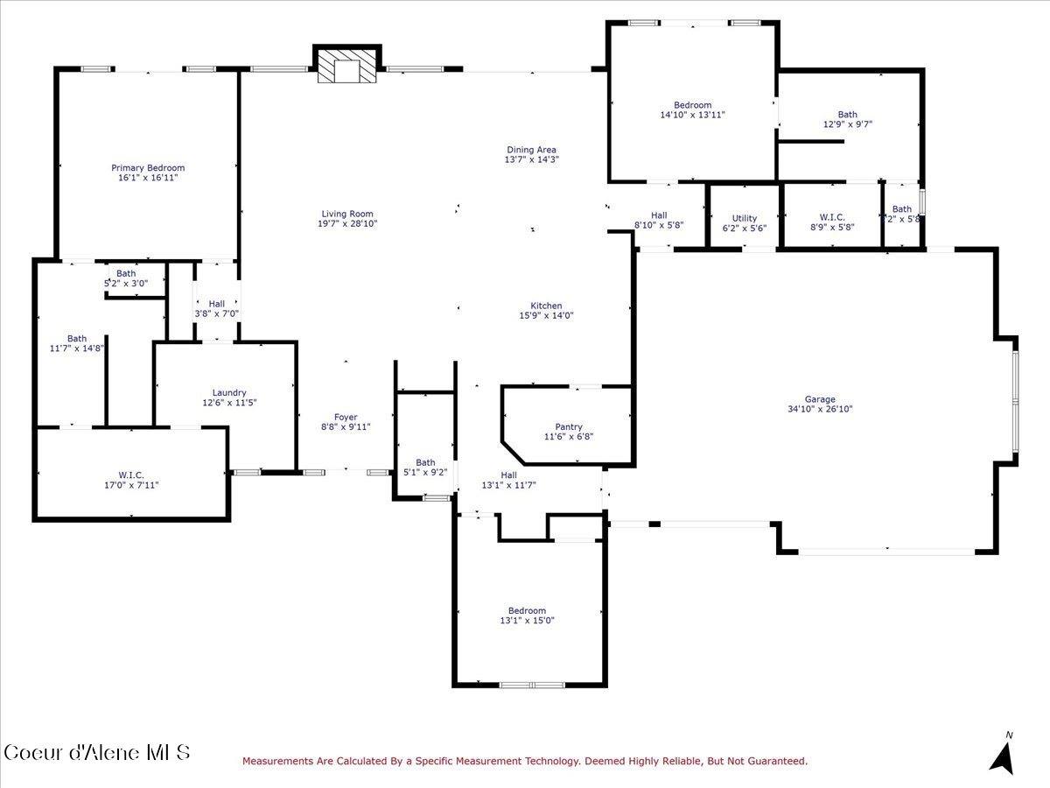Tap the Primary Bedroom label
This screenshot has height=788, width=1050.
(x=148, y=167)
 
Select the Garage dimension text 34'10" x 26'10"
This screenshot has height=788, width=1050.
(x=820, y=409)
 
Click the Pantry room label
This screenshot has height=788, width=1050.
(x=569, y=427)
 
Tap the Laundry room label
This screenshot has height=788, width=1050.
(x=229, y=392)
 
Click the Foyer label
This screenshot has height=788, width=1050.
(x=346, y=418)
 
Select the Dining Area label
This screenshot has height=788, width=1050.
(x=531, y=150)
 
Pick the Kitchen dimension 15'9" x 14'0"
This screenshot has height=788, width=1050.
(x=546, y=316)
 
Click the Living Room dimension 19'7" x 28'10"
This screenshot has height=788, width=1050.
(x=347, y=223)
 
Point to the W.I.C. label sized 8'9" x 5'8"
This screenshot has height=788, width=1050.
(x=830, y=216)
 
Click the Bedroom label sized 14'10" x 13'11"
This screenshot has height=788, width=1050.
(x=692, y=105)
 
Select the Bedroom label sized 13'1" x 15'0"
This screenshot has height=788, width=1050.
(x=527, y=610)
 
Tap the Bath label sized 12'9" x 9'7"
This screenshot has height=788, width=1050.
(x=847, y=114)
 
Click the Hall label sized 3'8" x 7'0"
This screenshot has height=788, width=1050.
(x=216, y=304)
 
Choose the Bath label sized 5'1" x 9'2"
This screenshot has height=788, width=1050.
(x=425, y=462)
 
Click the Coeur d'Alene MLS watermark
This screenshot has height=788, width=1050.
(x=96, y=752)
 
